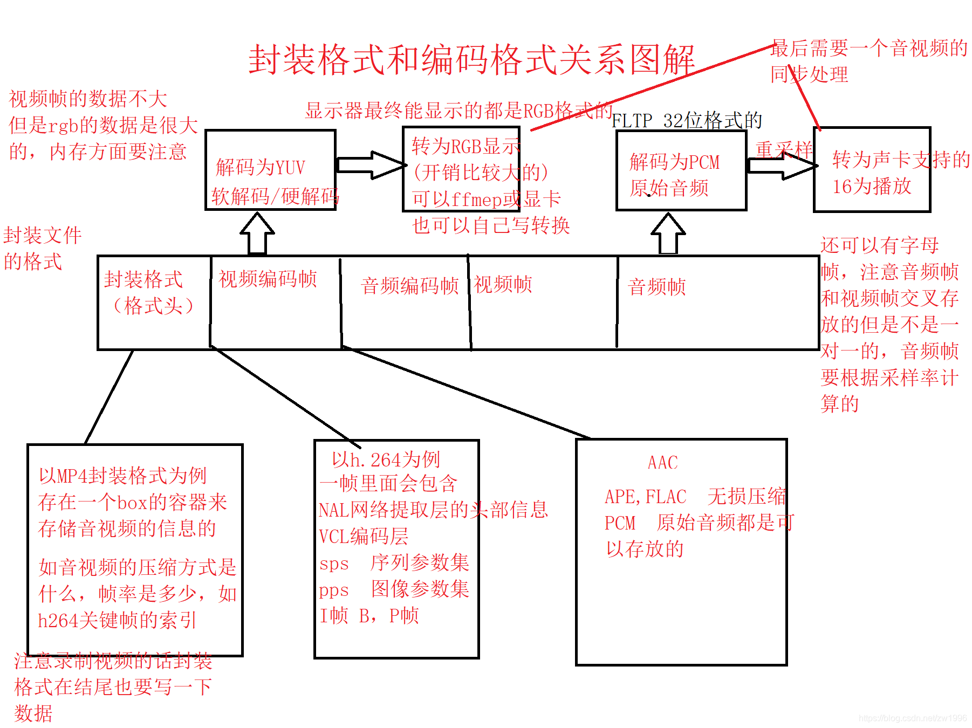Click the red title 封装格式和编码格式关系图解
click(x=471, y=59)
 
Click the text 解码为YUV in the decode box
click(x=261, y=168)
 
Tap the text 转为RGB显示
click(x=466, y=146)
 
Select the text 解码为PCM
click(x=674, y=162)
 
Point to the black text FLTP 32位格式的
click(x=687, y=120)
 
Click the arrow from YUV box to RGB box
click(x=371, y=165)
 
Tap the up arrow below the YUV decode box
click(x=257, y=233)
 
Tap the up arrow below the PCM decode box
click(x=668, y=233)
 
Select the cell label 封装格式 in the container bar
click(x=143, y=279)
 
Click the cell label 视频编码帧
click(x=268, y=279)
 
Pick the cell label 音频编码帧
click(x=410, y=286)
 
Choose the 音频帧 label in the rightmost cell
click(x=657, y=287)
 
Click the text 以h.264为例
click(x=386, y=459)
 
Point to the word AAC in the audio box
click(x=662, y=463)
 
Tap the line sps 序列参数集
click(x=394, y=563)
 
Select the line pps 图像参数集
click(x=394, y=589)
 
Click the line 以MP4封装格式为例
click(x=123, y=476)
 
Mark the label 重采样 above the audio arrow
click(x=784, y=149)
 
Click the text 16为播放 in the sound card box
click(x=872, y=187)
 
